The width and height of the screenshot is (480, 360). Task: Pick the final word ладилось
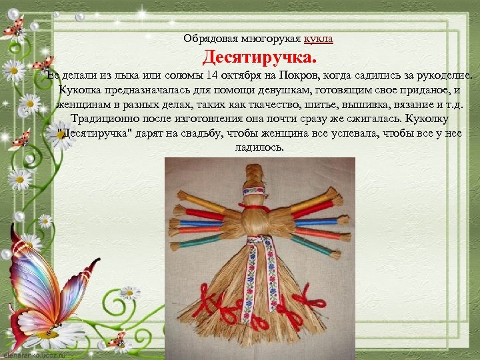tap(259, 148)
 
